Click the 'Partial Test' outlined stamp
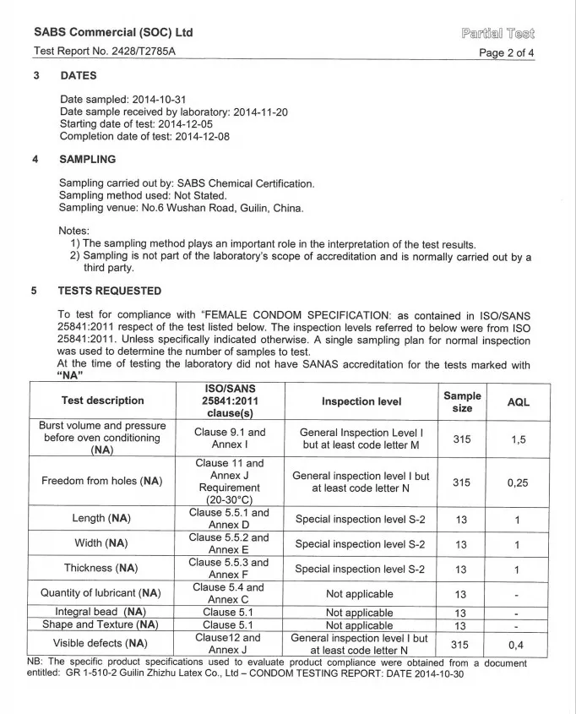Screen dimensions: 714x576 point(498,34)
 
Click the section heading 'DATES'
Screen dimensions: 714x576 point(79,76)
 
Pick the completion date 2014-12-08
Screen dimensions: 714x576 point(202,136)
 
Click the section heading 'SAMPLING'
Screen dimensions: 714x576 point(87,159)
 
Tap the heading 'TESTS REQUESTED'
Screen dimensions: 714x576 point(110,291)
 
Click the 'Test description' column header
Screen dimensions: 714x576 point(103,401)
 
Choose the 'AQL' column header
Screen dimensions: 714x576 point(518,402)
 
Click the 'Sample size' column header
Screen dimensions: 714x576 point(462,401)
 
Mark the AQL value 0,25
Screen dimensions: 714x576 point(518,482)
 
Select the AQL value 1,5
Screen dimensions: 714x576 point(518,439)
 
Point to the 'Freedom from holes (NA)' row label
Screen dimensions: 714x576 point(103,482)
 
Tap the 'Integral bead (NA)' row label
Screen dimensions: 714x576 point(101,612)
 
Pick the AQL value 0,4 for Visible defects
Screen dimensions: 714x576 point(518,644)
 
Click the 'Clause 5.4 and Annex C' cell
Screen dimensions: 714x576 point(230,593)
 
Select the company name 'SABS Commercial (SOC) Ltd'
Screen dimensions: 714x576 point(113,32)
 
